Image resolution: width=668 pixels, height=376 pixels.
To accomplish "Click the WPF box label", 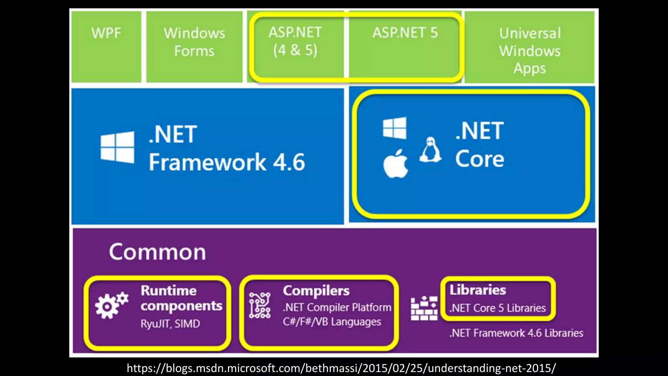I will (x=106, y=33).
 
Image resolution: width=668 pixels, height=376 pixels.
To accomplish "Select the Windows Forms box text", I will (x=194, y=42).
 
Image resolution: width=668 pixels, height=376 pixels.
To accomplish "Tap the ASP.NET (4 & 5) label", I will (x=295, y=41).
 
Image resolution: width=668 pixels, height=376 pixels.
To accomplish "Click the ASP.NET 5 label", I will (x=405, y=33).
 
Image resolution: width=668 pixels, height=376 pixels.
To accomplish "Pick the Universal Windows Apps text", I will (x=530, y=51).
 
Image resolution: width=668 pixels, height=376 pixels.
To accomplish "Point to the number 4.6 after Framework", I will (x=289, y=162).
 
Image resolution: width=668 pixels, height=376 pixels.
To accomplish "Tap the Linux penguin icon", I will (x=431, y=150).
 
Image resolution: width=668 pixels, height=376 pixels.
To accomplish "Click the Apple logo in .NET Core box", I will (x=395, y=164).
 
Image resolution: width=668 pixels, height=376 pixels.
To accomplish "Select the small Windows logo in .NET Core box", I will (x=395, y=128).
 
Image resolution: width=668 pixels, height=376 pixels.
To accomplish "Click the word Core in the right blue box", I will (x=479, y=159).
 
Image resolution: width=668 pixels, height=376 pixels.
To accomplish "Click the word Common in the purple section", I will (x=158, y=252).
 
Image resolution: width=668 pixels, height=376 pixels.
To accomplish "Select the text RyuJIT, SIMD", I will (x=170, y=324).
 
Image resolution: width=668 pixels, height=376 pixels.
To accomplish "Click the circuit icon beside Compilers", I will (x=260, y=305).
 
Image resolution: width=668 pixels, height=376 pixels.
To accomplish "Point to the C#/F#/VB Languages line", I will (x=332, y=322).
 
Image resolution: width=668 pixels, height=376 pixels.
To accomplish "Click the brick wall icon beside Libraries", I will (x=424, y=308).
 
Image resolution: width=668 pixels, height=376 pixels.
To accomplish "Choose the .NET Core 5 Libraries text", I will (x=497, y=308).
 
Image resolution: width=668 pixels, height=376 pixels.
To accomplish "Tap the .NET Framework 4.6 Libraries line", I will (x=516, y=333).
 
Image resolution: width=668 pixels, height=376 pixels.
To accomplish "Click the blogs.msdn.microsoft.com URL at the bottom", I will (x=341, y=368).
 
